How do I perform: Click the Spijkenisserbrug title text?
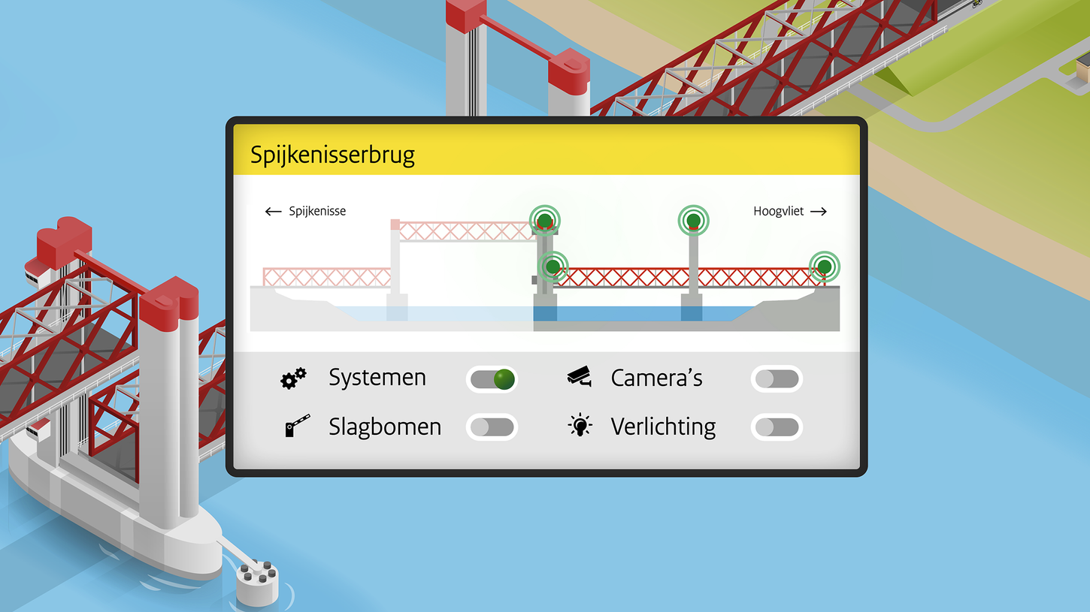coord(332,155)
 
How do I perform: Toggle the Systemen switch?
coord(492,379)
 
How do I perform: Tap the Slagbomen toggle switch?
coord(492,427)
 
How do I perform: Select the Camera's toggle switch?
coord(777,379)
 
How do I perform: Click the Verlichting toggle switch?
coord(777,427)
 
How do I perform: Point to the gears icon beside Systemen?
coord(293,378)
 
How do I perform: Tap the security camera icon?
coord(579,376)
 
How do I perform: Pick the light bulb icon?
coord(580,426)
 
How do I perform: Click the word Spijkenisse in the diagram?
coord(317,212)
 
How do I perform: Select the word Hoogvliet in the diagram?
coord(778,212)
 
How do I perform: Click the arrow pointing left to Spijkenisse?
coord(273,212)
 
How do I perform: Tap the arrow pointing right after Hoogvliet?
coord(819,212)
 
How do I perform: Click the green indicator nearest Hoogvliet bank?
coord(825,266)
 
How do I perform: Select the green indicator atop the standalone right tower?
coord(693,220)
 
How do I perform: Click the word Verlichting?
coord(663,427)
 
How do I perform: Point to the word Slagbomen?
coord(384,427)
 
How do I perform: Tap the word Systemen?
coord(377,378)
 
